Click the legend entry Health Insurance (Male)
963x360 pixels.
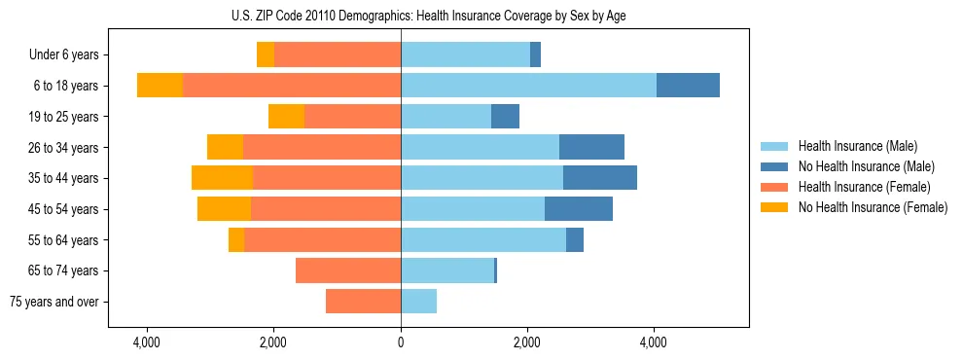pos(857,146)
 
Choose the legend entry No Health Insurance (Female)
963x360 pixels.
pos(873,207)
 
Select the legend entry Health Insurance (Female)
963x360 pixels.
pos(865,187)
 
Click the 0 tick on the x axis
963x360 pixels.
pos(401,343)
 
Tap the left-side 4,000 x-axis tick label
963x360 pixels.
pos(147,343)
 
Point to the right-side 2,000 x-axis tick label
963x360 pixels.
pos(527,343)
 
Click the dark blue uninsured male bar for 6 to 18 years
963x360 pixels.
pos(688,86)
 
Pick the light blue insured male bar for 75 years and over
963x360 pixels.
pos(418,302)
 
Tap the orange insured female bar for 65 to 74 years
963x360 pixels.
pos(348,270)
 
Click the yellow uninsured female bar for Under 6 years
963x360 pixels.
pos(266,55)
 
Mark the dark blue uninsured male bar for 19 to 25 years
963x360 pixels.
pos(505,117)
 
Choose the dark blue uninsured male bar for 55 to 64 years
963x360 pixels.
pos(575,239)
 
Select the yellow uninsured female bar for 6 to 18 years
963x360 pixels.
pos(160,86)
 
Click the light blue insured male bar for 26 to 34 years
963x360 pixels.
pos(480,147)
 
